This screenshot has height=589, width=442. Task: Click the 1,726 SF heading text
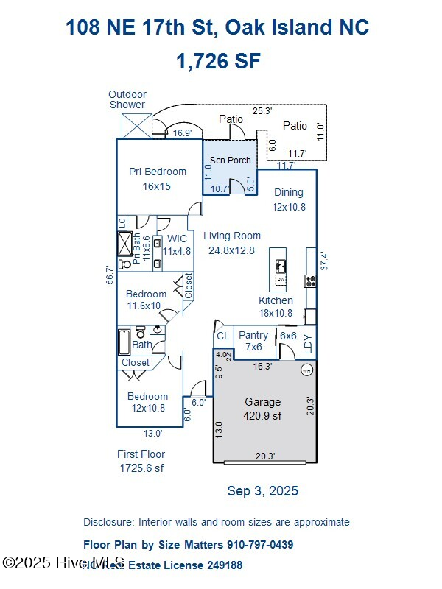(218, 61)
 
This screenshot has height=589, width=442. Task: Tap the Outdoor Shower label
(127, 99)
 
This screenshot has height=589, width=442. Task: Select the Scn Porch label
(230, 160)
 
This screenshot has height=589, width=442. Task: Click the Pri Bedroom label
(157, 179)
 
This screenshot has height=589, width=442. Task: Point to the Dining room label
(288, 200)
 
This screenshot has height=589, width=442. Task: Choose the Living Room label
(232, 243)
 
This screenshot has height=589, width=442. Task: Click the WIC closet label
(177, 244)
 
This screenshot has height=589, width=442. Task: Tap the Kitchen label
(276, 306)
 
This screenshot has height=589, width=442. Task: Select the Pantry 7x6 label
(253, 341)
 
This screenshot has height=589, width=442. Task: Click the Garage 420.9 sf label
(263, 409)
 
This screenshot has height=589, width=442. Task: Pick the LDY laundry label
(308, 342)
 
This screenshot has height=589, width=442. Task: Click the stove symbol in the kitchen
(310, 281)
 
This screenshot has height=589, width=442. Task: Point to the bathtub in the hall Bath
(124, 342)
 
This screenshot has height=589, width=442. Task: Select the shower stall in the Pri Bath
(126, 242)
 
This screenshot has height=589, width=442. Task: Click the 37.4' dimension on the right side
(323, 261)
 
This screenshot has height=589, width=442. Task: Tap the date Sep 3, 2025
(262, 491)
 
